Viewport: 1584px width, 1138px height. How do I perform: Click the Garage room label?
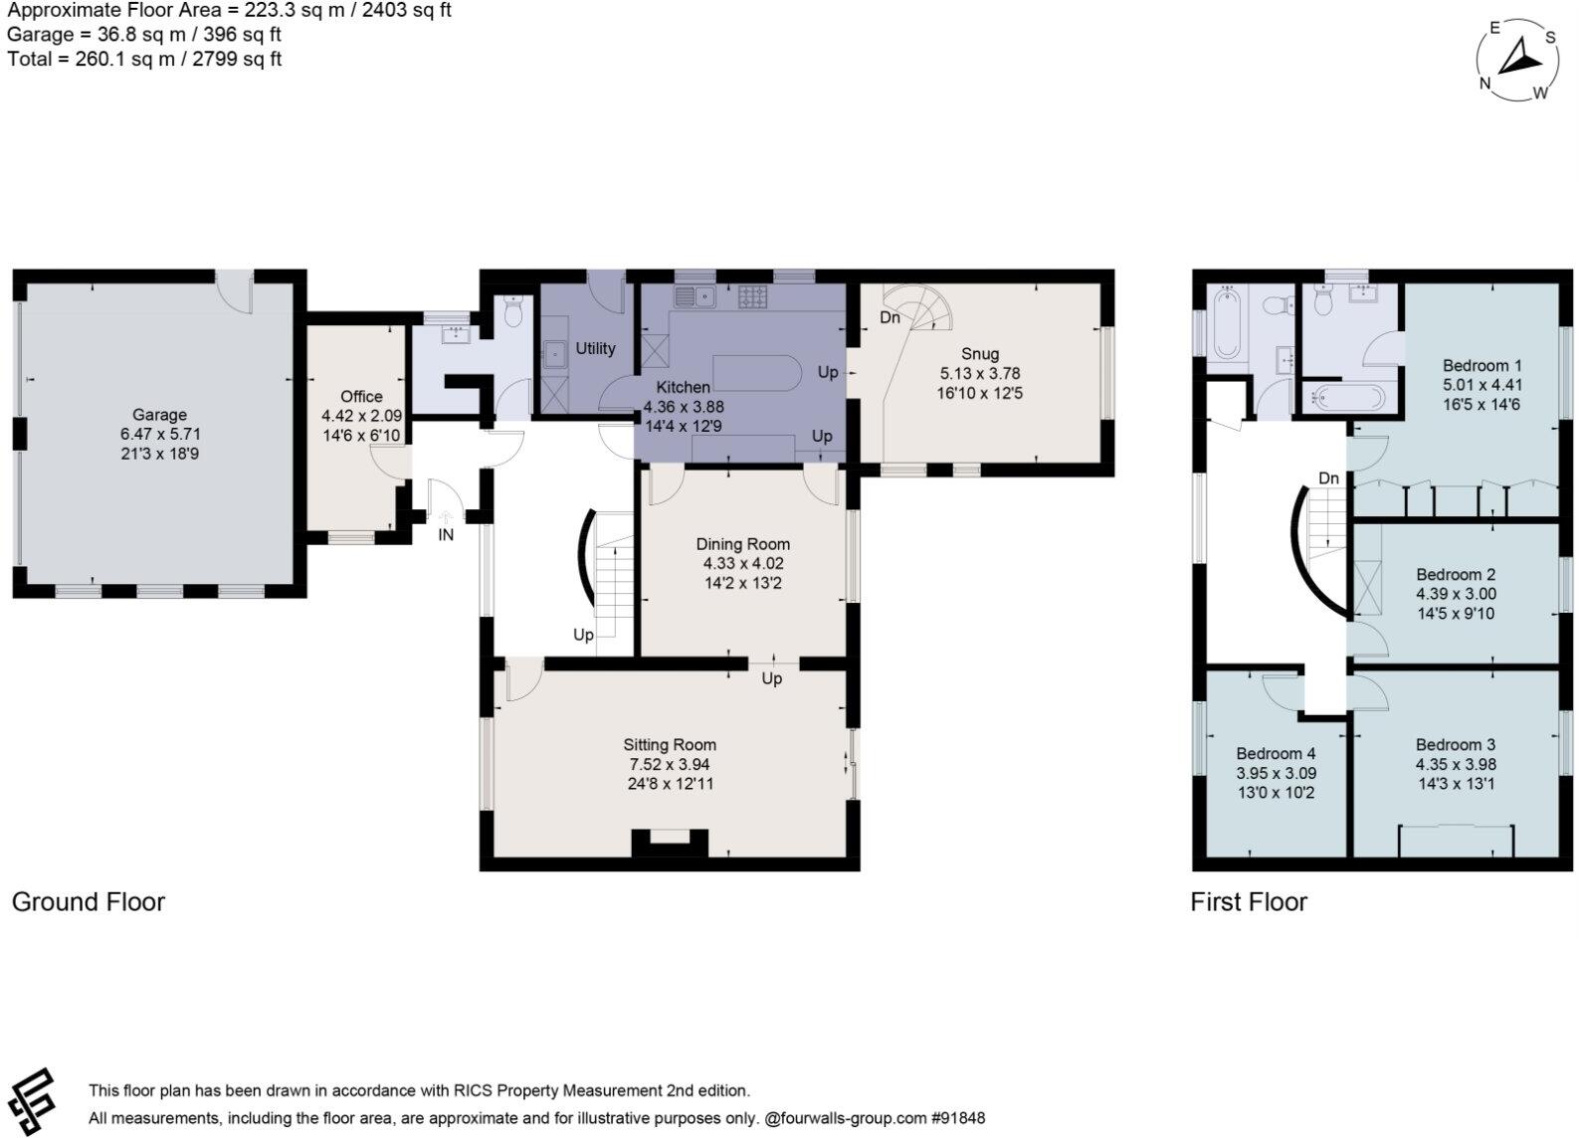pyautogui.click(x=159, y=415)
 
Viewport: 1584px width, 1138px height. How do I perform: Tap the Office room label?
pyautogui.click(x=361, y=396)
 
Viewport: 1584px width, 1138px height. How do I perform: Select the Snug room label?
pyautogui.click(x=980, y=353)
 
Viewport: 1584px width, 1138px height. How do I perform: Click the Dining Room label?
pyautogui.click(x=742, y=544)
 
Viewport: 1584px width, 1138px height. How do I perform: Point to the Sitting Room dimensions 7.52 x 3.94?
pyautogui.click(x=669, y=764)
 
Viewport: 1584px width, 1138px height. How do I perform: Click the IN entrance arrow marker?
pyautogui.click(x=446, y=517)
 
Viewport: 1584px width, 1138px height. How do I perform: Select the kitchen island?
pyautogui.click(x=756, y=371)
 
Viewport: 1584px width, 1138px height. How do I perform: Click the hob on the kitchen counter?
pyautogui.click(x=752, y=295)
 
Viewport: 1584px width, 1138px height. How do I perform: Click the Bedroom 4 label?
pyautogui.click(x=1276, y=753)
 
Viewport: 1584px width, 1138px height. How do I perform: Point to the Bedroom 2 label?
pyautogui.click(x=1456, y=574)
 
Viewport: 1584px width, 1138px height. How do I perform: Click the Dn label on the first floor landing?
pyautogui.click(x=1328, y=478)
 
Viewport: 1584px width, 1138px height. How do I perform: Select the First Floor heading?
pyautogui.click(x=1249, y=902)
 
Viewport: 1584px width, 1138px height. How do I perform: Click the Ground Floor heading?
pyautogui.click(x=88, y=902)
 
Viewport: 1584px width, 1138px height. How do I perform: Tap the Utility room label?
pyautogui.click(x=595, y=348)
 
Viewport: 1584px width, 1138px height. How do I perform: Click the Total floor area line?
pyautogui.click(x=144, y=59)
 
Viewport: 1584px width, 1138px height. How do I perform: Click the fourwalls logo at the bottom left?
pyautogui.click(x=30, y=1101)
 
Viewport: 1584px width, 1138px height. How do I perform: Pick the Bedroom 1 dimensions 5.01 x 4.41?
pyautogui.click(x=1482, y=385)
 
